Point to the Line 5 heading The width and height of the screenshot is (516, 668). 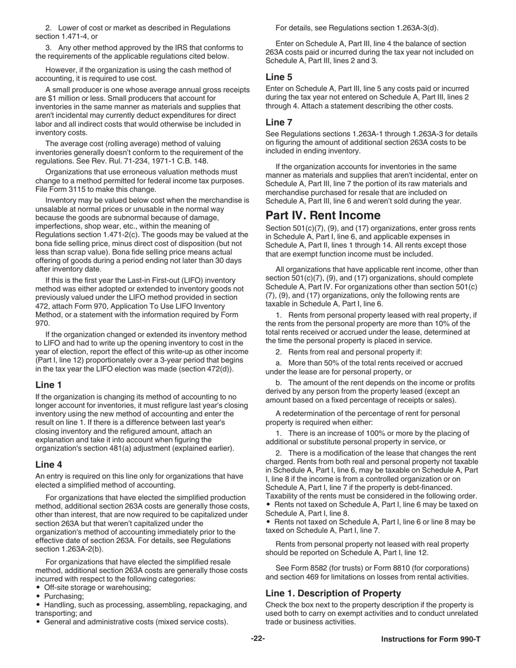279,77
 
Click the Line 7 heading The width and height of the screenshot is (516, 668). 279,122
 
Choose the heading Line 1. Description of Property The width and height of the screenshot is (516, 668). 333,593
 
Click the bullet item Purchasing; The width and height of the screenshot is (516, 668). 64,596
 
